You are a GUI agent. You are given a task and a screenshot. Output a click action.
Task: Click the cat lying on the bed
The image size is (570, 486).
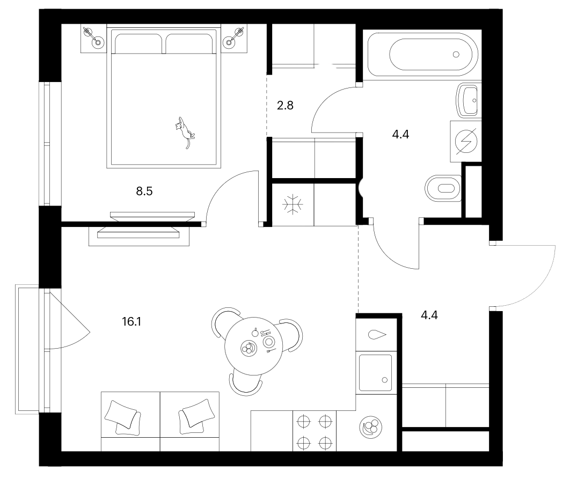click(185, 132)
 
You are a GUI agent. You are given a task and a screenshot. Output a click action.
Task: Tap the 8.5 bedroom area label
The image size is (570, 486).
click(144, 191)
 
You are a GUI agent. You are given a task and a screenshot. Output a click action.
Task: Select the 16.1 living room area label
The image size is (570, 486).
click(131, 321)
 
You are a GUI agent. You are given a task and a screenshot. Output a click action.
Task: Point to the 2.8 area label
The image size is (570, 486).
click(285, 105)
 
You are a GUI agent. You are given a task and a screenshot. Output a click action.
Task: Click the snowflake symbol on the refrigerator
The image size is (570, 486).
click(293, 204)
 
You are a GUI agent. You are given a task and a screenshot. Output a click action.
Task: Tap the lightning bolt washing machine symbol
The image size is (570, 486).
click(466, 141)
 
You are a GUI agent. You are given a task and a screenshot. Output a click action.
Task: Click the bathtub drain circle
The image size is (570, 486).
click(456, 55)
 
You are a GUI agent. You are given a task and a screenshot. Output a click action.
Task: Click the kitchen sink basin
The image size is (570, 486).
click(376, 373)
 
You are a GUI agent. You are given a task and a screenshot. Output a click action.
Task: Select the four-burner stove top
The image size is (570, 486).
click(315, 431)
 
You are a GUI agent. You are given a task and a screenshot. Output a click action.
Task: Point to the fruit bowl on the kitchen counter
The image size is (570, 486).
click(371, 427)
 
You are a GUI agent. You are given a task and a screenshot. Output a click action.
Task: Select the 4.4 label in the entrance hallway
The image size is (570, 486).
click(429, 315)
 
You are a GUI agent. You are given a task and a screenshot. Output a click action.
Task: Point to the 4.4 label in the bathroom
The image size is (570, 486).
click(400, 135)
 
